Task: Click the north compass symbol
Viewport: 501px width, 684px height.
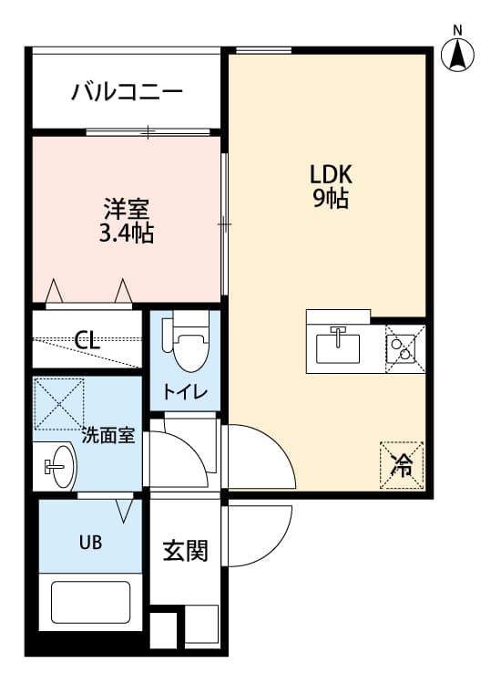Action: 457,53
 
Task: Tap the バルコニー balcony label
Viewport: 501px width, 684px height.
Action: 128,92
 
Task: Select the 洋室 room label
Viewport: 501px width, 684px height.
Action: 126,207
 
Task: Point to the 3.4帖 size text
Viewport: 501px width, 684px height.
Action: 126,233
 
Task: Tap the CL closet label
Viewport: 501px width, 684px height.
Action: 87,341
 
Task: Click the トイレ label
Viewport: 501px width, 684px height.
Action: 185,392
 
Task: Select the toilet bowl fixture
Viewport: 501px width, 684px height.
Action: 189,347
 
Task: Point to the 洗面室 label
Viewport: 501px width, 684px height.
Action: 108,436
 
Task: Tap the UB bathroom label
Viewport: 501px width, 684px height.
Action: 89,542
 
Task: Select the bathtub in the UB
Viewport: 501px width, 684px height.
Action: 90,601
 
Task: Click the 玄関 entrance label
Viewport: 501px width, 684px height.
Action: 185,551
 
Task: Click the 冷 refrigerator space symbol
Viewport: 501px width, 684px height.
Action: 402,465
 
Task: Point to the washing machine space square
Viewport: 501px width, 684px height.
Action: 59,404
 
